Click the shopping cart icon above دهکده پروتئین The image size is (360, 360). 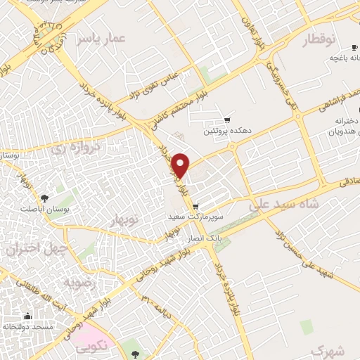click(226, 120)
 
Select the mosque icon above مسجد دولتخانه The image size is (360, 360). click(27, 316)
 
